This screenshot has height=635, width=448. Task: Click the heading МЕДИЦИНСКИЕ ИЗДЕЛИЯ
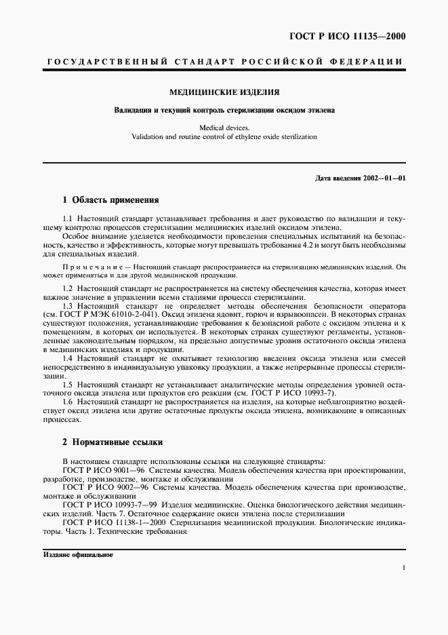[224, 92]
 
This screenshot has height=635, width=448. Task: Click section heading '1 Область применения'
[110, 200]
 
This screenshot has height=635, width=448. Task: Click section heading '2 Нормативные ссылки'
[112, 442]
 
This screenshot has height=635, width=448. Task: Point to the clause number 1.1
[67, 218]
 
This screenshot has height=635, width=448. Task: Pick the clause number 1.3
[67, 306]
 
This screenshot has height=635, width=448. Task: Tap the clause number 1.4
[67, 358]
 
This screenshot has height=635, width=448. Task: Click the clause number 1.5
[67, 384]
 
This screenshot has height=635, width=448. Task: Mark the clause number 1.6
[67, 402]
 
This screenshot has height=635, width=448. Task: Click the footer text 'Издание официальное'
[79, 554]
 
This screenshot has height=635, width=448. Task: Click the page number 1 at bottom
[403, 568]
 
